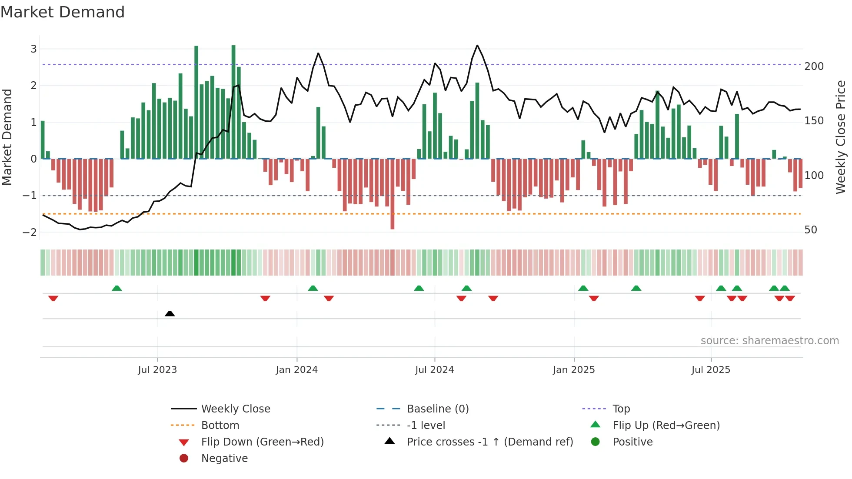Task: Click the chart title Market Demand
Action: [63, 12]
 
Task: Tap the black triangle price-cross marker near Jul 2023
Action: [170, 313]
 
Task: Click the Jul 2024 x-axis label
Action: [434, 370]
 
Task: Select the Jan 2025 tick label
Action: [573, 370]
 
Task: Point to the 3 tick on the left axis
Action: [33, 49]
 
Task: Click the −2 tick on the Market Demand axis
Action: [30, 232]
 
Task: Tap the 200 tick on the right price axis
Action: [814, 67]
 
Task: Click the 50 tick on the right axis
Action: [810, 230]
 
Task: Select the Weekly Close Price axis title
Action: [841, 137]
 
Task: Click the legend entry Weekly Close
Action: [235, 409]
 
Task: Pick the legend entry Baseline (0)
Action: [437, 409]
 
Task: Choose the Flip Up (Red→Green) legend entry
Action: [666, 426]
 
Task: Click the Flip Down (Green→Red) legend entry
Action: [262, 442]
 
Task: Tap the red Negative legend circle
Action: [184, 459]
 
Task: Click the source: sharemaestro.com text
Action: [769, 341]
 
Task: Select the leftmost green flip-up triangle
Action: [116, 288]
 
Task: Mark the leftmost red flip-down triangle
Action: [53, 298]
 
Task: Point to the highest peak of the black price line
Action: [477, 46]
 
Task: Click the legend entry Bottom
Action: [220, 426]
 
